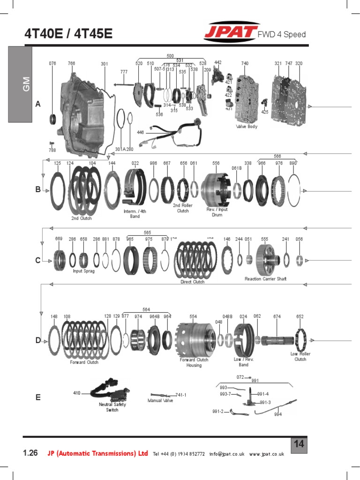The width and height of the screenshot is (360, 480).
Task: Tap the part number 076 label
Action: pos(52,63)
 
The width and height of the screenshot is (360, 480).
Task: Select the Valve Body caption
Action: pos(247,127)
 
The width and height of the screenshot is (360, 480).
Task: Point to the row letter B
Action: pos(38,190)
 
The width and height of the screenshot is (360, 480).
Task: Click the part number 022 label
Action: pos(135,163)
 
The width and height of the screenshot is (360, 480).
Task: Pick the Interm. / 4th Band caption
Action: pos(135,214)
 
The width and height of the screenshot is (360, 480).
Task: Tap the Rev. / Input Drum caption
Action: pos(217,212)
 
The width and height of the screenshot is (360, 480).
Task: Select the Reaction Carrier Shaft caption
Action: pos(265,279)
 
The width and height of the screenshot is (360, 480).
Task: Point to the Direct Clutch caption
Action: pos(193,282)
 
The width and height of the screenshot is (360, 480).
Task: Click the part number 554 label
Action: pos(193,316)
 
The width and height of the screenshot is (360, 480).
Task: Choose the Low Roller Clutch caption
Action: pos(300,357)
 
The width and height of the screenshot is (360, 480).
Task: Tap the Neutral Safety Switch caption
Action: pos(112,407)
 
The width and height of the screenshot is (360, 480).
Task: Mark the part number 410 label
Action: pos(77,393)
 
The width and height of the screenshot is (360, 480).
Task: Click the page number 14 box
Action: pos(299,444)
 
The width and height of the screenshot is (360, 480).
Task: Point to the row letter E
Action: pos(38,397)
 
